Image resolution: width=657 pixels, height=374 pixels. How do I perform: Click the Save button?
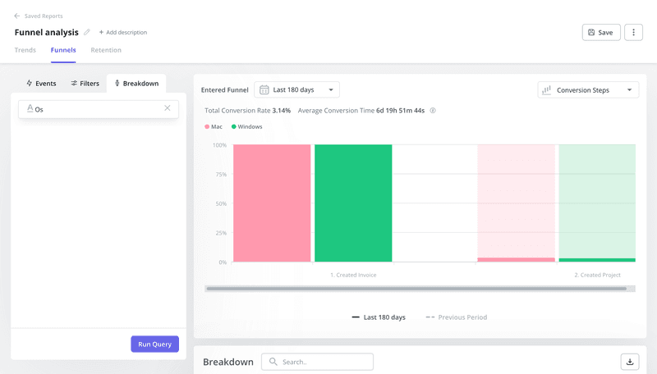click(x=600, y=32)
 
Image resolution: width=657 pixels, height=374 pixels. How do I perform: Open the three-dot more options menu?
click(x=633, y=32)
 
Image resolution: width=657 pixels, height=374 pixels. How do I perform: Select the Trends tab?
click(x=25, y=50)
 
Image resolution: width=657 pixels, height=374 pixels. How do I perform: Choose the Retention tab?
click(x=106, y=50)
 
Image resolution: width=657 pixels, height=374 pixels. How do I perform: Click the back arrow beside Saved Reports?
click(x=17, y=16)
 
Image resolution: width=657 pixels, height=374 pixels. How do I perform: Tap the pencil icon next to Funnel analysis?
click(x=87, y=32)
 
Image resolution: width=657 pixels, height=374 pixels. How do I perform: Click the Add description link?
click(x=122, y=32)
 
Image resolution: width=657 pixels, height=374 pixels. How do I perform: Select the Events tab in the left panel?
click(x=41, y=84)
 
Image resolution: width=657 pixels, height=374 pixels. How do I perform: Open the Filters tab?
click(x=85, y=84)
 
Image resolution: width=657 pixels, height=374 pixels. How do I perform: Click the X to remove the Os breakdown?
click(x=168, y=108)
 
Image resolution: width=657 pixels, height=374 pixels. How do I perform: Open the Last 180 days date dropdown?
click(x=296, y=89)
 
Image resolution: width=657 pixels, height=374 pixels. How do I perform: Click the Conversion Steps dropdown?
click(x=588, y=89)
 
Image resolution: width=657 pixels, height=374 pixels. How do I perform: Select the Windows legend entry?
click(x=246, y=127)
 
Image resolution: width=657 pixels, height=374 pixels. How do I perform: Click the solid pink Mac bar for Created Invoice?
click(x=272, y=203)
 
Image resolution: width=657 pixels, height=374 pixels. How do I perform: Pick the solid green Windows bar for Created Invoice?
click(x=353, y=203)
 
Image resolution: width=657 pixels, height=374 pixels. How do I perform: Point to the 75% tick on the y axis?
click(x=220, y=175)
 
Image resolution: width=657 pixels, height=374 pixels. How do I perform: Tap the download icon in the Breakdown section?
click(x=630, y=362)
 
